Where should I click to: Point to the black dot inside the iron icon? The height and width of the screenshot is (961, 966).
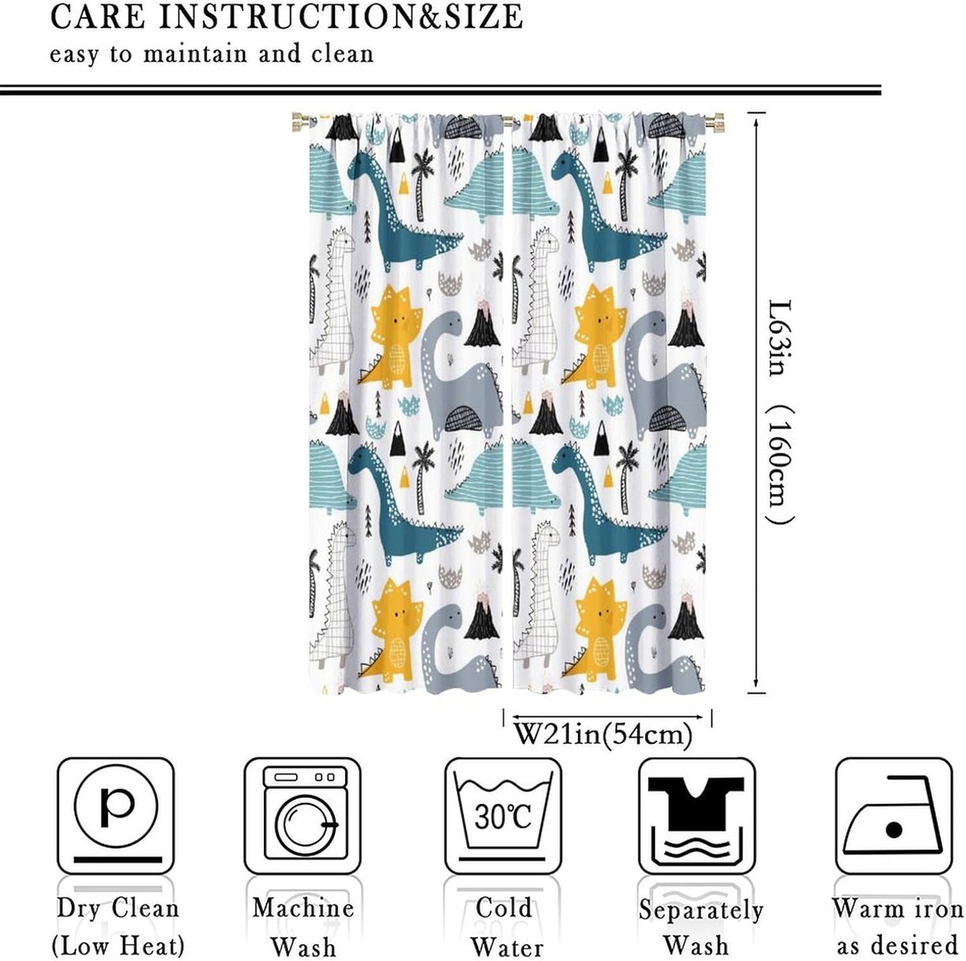894,831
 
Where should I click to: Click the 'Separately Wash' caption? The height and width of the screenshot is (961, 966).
699,928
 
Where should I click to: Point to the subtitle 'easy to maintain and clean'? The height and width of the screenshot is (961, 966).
211,54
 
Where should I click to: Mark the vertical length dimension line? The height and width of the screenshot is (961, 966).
755,401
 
